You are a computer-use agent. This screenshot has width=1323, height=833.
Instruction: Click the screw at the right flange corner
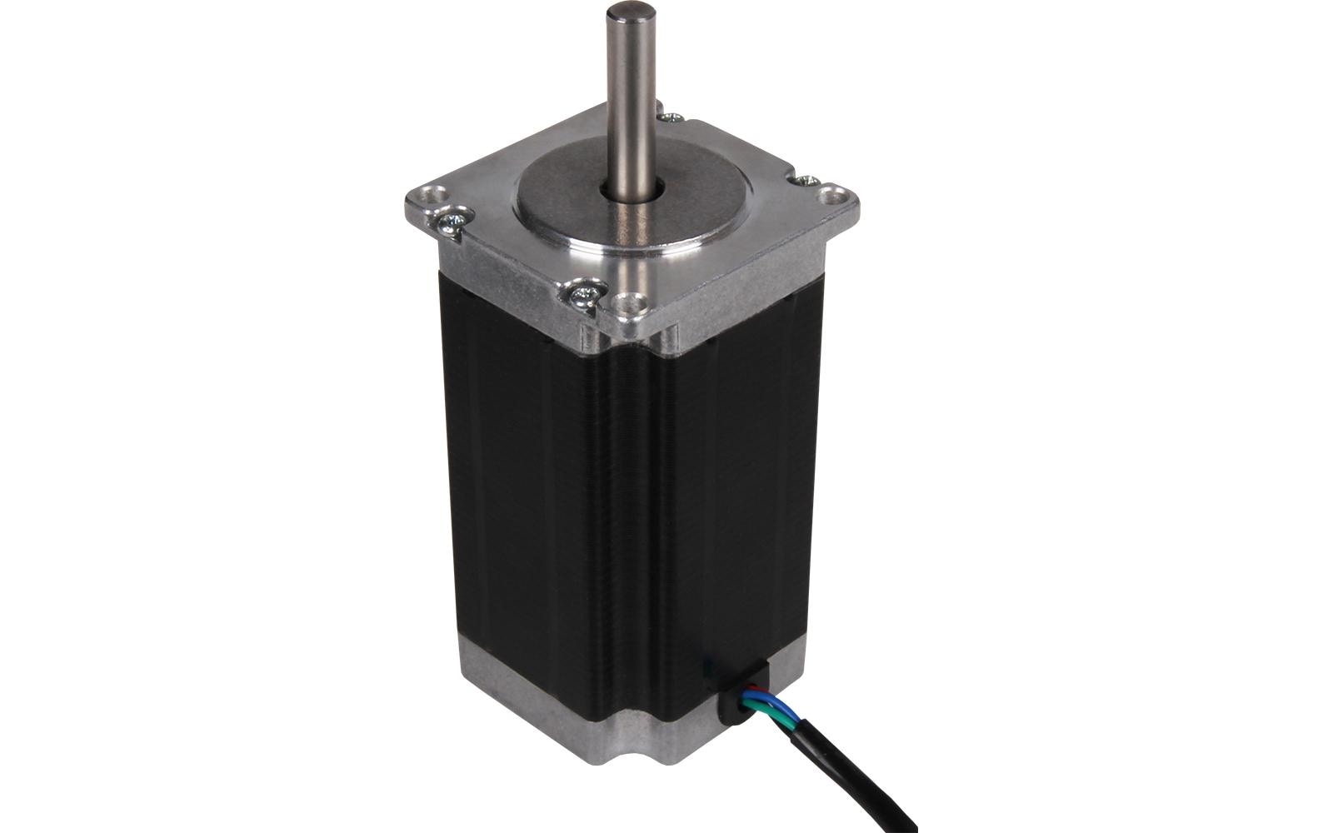[x=806, y=179]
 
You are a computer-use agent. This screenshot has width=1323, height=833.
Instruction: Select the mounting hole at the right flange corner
[x=833, y=197]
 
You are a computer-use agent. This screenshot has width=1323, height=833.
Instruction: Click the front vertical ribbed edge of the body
[x=633, y=516]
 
